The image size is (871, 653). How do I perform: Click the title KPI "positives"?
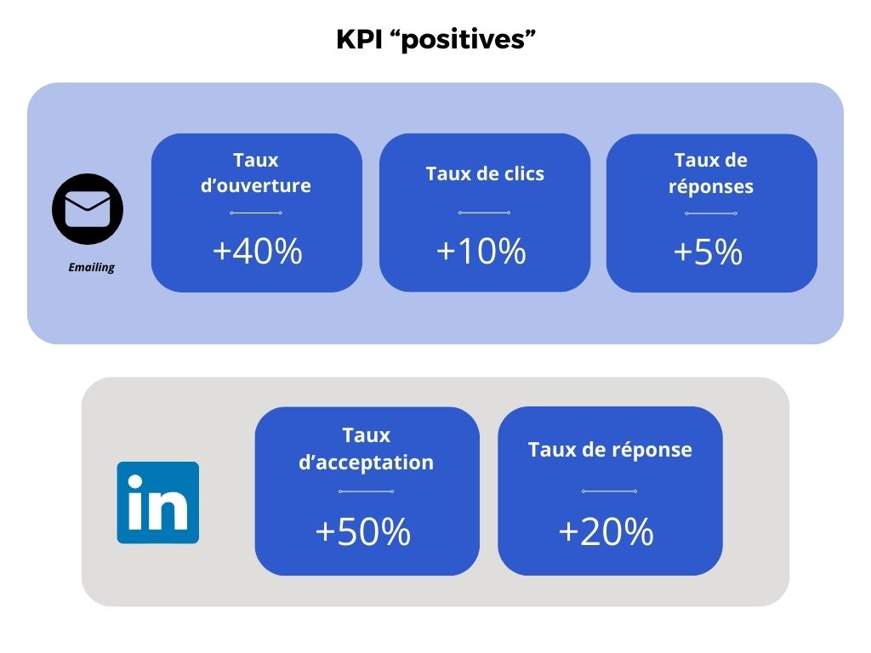coord(436,39)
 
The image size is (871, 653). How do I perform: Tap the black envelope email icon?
coord(88,209)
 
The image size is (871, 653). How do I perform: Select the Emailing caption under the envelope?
coord(92,267)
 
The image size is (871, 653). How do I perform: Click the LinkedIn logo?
coord(157,503)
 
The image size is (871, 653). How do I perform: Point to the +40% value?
coord(257,251)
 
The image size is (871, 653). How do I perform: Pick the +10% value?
coord(481,251)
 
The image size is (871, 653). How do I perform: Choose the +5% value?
coord(708,252)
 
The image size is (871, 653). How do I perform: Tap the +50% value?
coord(362,531)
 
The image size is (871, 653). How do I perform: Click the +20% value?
coord(606,531)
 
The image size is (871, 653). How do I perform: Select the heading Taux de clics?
coord(485,173)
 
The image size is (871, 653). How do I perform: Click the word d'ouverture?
coord(255,185)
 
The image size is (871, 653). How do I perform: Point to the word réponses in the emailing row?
coord(711,186)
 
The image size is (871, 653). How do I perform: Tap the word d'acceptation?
coord(366,463)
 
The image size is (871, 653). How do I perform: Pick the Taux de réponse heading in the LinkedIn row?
coord(610,450)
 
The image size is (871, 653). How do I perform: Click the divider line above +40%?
coord(255,213)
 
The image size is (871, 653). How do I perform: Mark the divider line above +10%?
coord(484,213)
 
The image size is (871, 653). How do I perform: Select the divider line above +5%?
coord(711,213)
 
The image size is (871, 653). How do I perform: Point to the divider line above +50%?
coord(366,491)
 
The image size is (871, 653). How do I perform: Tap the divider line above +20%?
coord(609,491)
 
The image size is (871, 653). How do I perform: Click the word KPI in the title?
coord(360,39)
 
